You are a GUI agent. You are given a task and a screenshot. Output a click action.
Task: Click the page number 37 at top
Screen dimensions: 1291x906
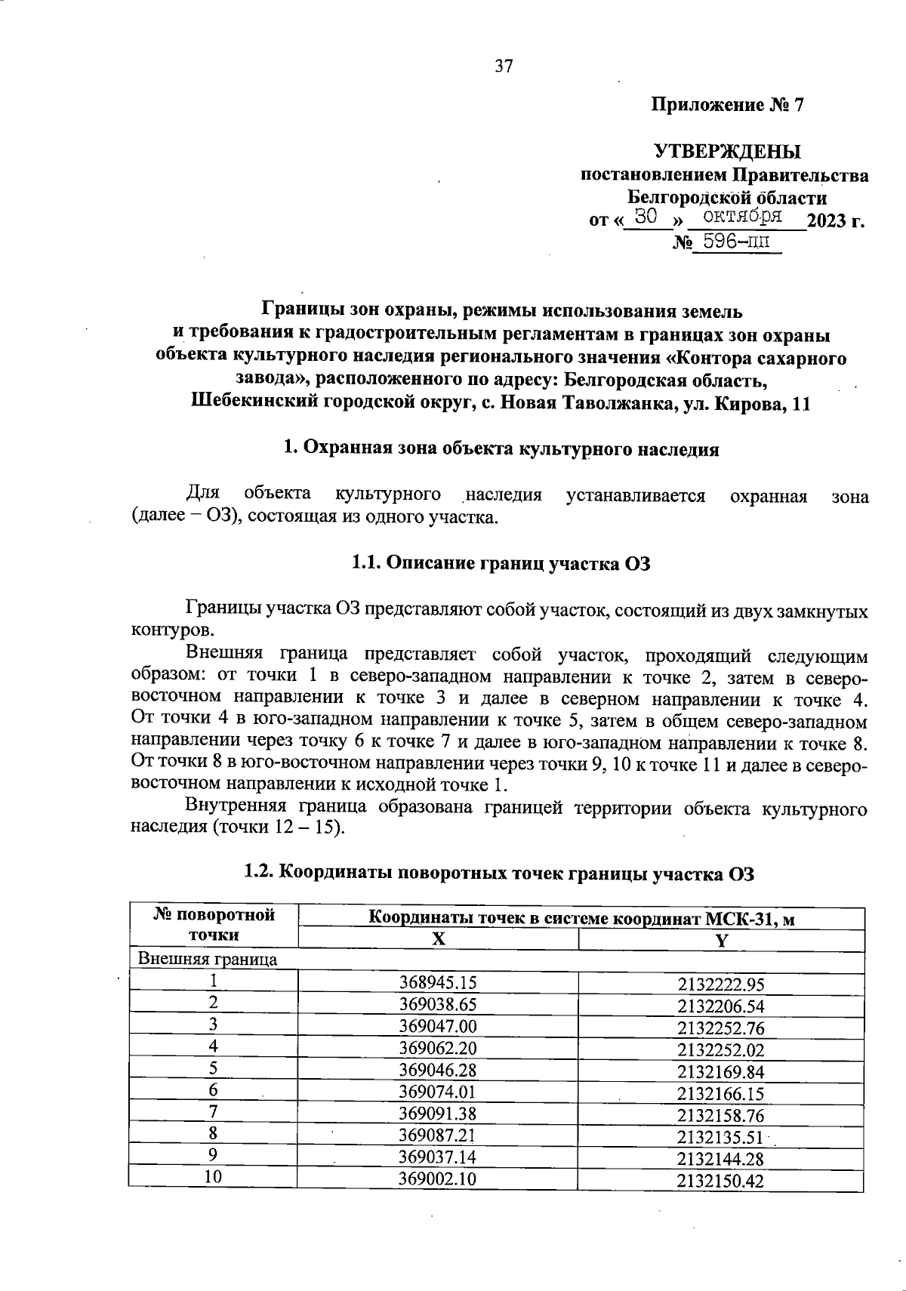point(504,66)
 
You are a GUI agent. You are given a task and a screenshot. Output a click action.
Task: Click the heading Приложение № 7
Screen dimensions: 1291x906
point(728,105)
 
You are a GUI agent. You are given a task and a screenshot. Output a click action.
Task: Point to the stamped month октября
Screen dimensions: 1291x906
point(737,217)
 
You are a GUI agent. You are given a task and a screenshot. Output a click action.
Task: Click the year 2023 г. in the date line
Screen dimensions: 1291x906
point(835,221)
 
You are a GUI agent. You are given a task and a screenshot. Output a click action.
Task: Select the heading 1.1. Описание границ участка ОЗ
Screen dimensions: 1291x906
point(501,564)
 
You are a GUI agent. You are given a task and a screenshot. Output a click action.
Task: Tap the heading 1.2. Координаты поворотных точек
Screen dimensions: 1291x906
point(499,873)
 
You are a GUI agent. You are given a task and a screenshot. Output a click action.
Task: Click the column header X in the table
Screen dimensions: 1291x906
point(438,939)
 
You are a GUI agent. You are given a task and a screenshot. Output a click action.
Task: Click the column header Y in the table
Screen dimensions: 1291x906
point(721,941)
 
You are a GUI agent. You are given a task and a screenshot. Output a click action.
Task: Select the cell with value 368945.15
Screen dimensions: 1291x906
point(438,982)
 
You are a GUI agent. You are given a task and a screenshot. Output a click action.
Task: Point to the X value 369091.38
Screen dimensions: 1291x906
point(438,1114)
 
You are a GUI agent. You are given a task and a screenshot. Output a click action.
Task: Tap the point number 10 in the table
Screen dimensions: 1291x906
point(214,1179)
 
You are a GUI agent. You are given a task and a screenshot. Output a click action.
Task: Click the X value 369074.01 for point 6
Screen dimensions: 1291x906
point(438,1092)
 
